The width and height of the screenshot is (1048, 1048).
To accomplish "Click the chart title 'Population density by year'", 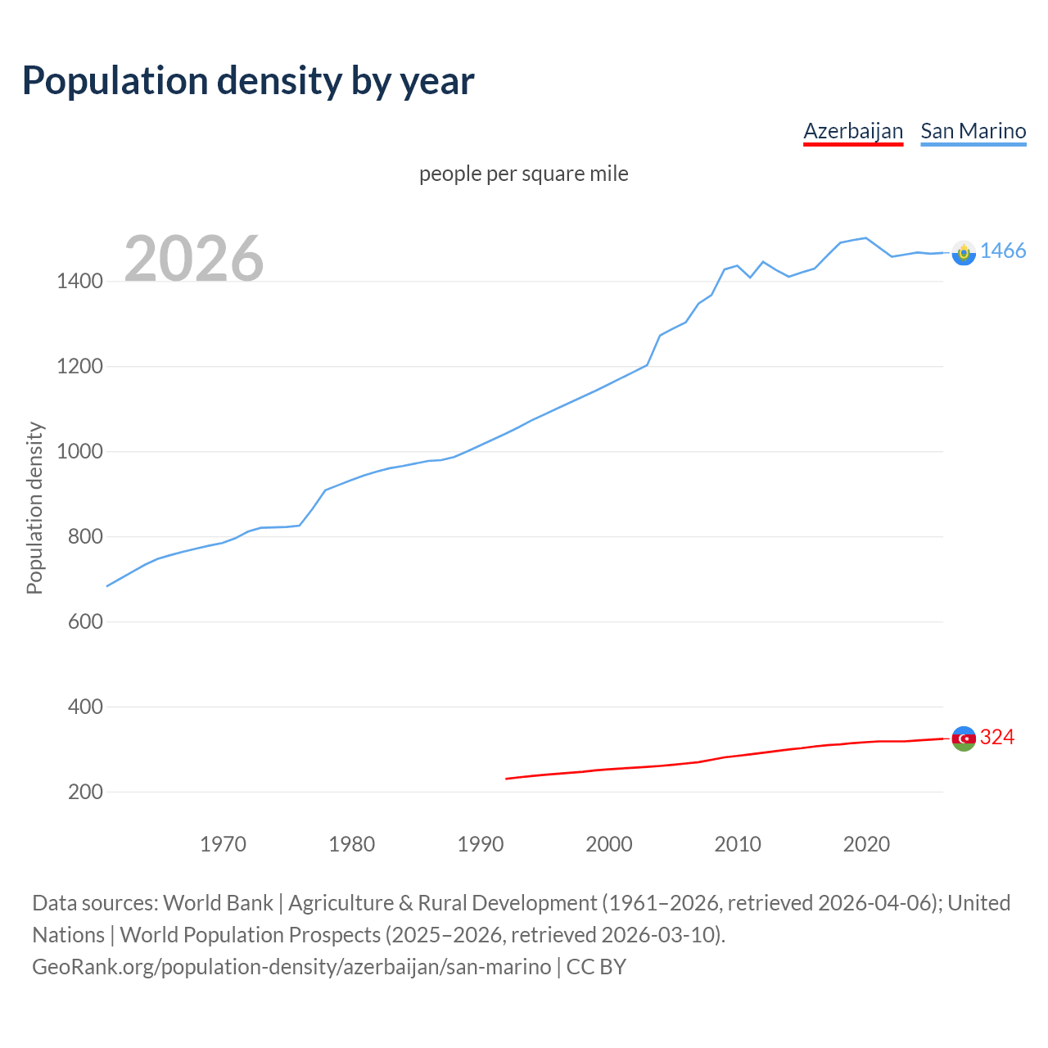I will (248, 80).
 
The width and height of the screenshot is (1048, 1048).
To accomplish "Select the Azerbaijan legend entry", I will (853, 131).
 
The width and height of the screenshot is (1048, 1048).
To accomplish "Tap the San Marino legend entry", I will (973, 131).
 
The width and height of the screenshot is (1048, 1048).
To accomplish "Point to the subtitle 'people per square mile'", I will (523, 174).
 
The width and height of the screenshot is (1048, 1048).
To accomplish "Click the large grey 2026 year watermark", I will (194, 259).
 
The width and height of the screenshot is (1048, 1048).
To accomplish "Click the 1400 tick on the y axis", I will (79, 282).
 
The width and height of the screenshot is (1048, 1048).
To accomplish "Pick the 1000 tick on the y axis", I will (79, 452).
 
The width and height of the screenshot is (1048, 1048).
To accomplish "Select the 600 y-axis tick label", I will (84, 621).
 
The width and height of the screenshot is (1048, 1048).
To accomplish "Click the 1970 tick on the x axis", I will (223, 844).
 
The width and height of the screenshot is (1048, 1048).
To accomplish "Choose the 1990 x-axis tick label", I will (481, 844).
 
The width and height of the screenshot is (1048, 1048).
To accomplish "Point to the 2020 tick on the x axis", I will (866, 844).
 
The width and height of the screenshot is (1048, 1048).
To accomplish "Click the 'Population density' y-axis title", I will (34, 508).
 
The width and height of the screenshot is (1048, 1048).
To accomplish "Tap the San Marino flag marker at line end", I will (964, 252).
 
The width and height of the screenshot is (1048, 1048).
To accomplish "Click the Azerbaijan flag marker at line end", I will (964, 739).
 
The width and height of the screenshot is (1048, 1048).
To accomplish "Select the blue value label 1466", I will (1003, 251).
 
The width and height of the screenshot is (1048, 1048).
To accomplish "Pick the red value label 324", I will (997, 738).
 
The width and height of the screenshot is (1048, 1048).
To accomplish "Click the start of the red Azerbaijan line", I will (507, 779).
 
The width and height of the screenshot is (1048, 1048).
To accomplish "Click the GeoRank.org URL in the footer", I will (291, 967).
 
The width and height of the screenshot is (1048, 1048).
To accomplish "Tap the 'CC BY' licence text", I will (596, 967).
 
